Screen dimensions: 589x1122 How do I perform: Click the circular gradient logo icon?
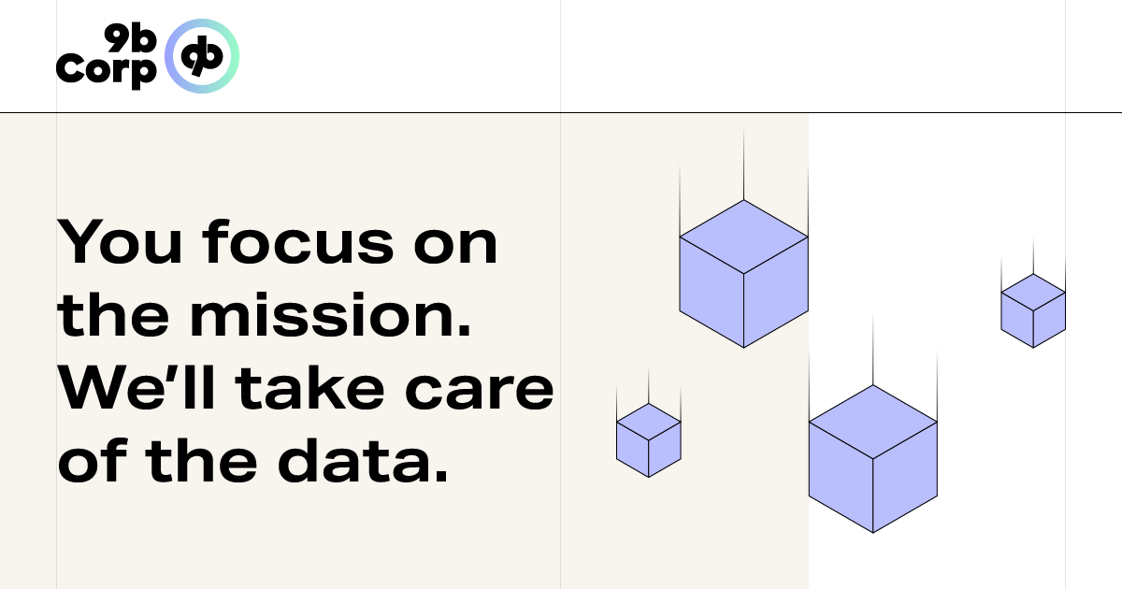202,56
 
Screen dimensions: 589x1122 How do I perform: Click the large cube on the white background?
872,459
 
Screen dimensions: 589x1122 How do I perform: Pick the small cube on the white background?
1033,310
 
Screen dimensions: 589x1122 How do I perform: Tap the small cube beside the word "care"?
648,440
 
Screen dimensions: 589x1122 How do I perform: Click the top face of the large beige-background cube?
743,236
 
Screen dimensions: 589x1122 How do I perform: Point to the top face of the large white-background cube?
872,422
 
